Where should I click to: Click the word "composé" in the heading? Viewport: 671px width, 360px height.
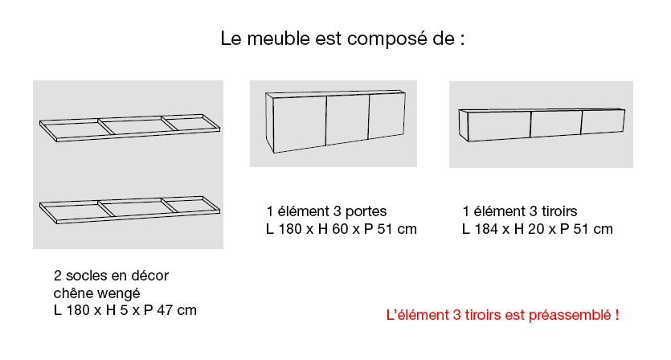(387, 39)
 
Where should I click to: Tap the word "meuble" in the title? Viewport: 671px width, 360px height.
(279, 39)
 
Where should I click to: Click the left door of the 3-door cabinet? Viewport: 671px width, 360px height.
(300, 123)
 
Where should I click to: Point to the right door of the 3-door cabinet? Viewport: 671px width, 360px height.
(387, 116)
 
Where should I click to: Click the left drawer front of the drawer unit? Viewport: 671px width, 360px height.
(499, 126)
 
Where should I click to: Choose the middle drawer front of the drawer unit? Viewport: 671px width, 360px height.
(556, 124)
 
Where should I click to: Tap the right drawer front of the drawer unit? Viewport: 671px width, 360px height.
(603, 121)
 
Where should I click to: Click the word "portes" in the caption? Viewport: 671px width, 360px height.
(366, 211)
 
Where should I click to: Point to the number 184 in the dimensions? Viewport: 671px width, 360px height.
(486, 229)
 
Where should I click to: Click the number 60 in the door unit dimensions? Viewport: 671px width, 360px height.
(340, 229)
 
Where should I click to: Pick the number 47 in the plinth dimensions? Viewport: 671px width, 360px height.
(165, 310)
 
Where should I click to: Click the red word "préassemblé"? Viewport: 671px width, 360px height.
(570, 316)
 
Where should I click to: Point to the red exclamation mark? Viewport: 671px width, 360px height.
(617, 315)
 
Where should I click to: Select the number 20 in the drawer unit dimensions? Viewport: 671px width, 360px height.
(536, 229)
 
